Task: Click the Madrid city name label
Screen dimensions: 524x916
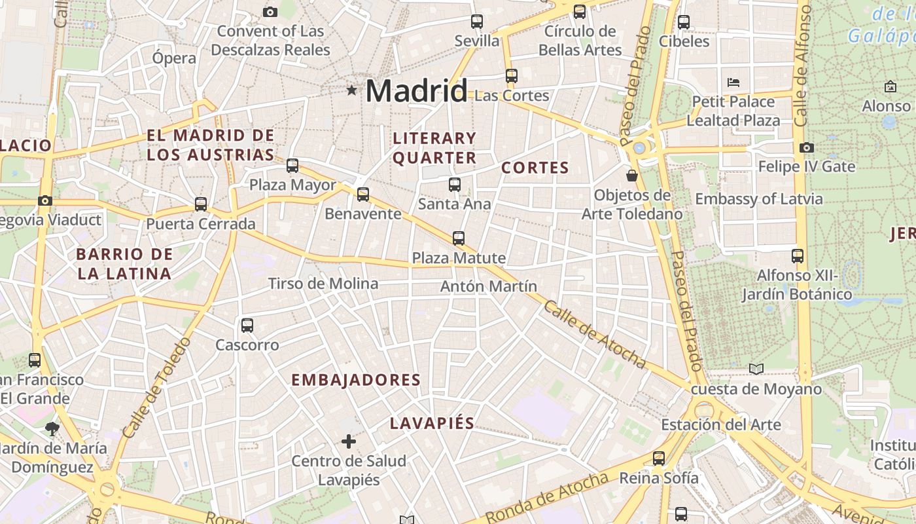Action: click(x=417, y=90)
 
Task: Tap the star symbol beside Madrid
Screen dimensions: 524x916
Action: click(x=352, y=90)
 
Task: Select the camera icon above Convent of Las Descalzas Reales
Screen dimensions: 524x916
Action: click(x=270, y=11)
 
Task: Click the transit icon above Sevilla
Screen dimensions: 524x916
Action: click(x=477, y=21)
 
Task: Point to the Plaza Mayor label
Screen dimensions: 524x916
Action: click(x=292, y=185)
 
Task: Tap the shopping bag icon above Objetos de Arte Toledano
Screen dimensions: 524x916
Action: click(x=632, y=175)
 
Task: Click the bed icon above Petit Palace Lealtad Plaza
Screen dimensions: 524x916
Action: click(x=733, y=83)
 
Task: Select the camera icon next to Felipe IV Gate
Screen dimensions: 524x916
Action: click(x=807, y=147)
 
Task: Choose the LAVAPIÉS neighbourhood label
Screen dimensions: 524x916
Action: click(x=432, y=423)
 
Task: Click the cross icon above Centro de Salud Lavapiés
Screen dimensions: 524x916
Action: click(x=349, y=441)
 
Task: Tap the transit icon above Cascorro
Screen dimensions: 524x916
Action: click(x=247, y=325)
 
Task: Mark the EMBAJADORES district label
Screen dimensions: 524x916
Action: click(x=356, y=380)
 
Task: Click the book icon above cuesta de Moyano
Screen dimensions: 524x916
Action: click(x=756, y=369)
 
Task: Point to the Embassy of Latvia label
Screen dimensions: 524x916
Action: click(x=759, y=198)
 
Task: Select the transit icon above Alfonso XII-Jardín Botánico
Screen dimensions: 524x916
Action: click(x=797, y=255)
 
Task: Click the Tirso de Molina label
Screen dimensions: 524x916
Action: click(x=323, y=284)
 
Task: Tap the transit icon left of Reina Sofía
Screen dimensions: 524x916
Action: click(x=659, y=458)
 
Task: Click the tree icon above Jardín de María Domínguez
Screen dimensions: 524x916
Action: click(x=52, y=429)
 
